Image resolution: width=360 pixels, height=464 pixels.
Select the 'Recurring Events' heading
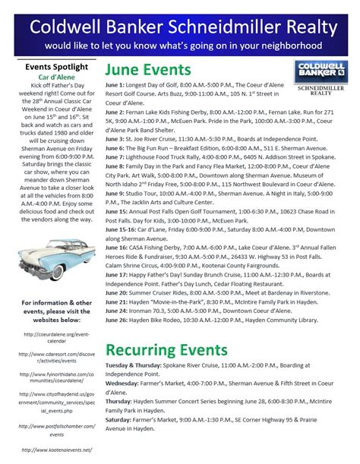166,350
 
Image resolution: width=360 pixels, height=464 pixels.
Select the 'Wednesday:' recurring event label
123,384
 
